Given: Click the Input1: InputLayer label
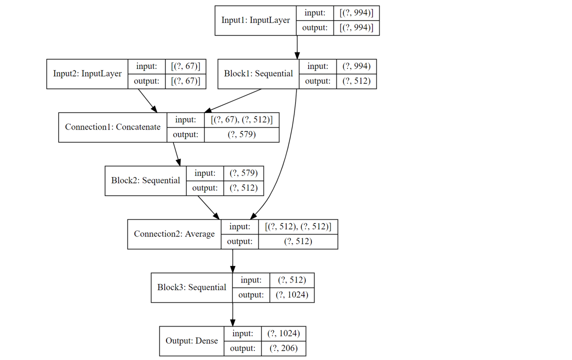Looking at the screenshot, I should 255,20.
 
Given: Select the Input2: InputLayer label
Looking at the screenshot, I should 87,73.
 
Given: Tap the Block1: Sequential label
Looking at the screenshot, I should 258,73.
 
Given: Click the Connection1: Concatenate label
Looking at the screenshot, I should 112,127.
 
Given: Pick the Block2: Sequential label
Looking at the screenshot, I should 145,180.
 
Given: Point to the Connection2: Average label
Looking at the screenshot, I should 174,234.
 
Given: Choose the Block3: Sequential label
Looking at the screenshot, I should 191,287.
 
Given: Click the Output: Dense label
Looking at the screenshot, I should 191,341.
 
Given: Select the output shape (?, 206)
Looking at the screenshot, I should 283,348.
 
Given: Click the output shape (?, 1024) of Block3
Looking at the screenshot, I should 292,295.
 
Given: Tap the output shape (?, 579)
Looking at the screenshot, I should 241,134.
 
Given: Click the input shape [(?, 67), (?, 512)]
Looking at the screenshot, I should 241,120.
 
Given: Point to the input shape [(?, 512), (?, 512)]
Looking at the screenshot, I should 298,226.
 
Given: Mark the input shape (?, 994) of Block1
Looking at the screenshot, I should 356,66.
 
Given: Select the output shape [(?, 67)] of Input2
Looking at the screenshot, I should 185,81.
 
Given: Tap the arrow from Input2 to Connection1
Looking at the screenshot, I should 147,100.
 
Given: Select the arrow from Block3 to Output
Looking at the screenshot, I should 232,314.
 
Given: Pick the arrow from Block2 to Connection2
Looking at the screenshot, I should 208,207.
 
